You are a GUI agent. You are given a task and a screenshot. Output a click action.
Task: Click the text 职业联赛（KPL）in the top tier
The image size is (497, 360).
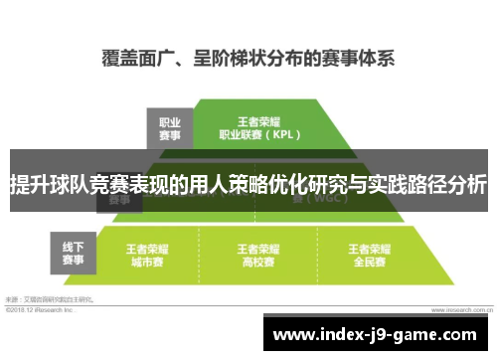click(x=258, y=132)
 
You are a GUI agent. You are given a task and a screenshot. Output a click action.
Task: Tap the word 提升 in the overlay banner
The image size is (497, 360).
click(x=29, y=184)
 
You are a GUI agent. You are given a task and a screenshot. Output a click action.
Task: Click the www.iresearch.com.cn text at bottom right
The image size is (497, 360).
click(x=459, y=308)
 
